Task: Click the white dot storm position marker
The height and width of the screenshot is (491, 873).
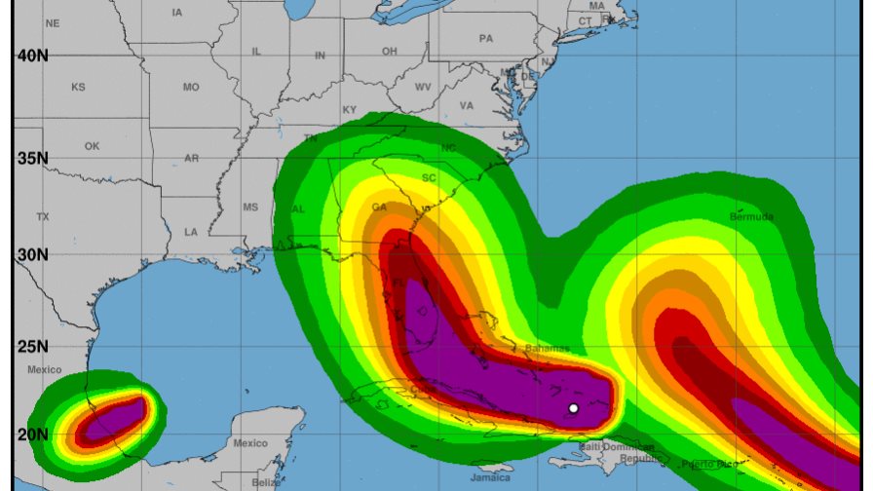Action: [574, 408]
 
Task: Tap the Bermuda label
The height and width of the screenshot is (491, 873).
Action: [751, 216]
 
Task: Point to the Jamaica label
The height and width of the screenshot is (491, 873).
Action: [489, 478]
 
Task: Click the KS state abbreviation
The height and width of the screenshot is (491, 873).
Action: [78, 88]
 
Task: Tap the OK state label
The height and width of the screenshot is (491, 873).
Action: [92, 146]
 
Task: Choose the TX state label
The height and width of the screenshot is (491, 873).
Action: [42, 216]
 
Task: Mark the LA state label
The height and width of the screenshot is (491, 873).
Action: [191, 232]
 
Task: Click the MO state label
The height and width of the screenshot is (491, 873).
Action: [191, 88]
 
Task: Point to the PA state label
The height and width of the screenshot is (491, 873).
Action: [486, 39]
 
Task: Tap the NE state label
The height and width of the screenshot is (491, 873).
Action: [52, 22]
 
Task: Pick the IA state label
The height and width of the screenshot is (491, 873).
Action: [176, 13]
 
